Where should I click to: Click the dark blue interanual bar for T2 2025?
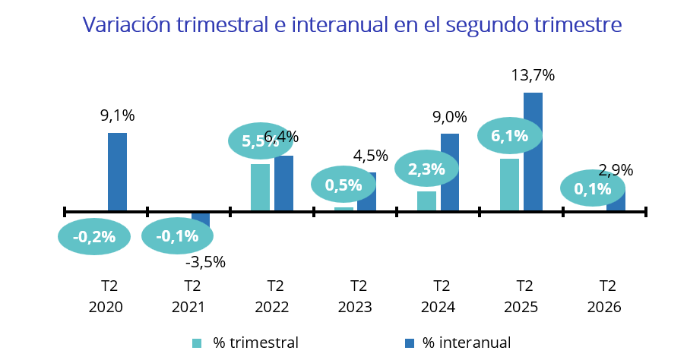coord(533,152)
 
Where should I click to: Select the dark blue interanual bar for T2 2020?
coord(118,172)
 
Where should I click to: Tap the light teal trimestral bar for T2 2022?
coord(260,188)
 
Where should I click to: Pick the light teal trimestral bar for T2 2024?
coord(426,201)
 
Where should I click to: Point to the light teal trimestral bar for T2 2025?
coord(510,185)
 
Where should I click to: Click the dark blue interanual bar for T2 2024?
coord(450,172)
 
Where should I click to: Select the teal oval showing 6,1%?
coord(510,136)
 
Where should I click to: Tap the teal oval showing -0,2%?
coord(94,236)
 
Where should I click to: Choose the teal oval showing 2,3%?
coord(426,169)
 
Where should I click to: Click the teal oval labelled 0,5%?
coord(343,185)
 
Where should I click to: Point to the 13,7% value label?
coord(533,76)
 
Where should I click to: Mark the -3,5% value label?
coord(205,262)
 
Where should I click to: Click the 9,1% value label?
coord(118,115)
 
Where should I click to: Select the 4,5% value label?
coord(371,156)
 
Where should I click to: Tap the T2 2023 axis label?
coord(355,296)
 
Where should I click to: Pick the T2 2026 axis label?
coord(604,296)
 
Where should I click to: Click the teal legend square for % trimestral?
coord(197,343)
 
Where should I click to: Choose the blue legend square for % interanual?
coord(410,343)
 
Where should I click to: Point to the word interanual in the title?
coord(340,24)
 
